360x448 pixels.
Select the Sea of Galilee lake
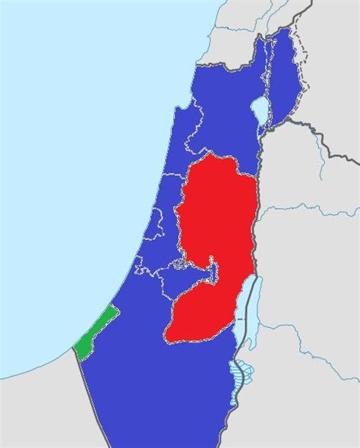pos(261,109)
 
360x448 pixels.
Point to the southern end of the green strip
pos(77,354)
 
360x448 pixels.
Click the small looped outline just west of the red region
pos(177,265)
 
